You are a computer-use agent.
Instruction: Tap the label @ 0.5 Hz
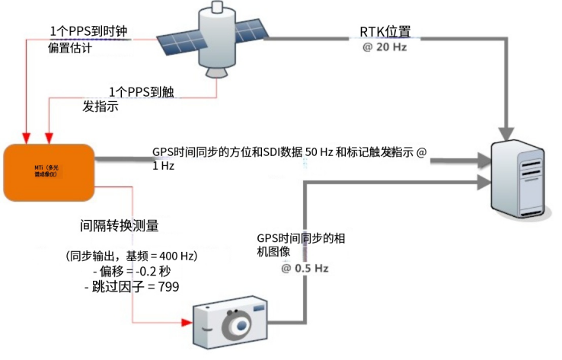pos(305,269)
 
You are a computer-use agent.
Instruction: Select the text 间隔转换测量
pos(120,226)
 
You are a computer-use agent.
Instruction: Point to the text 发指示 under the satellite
pos(100,106)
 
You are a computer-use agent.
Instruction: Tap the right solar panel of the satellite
pos(253,29)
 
